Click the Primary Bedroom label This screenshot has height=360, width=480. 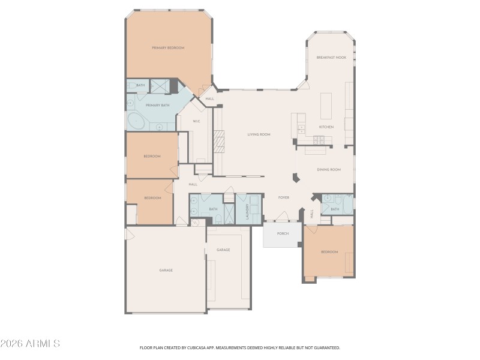click(x=168, y=47)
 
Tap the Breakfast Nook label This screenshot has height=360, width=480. click(x=331, y=58)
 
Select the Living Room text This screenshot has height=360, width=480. click(x=259, y=134)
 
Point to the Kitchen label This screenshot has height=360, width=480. click(x=326, y=127)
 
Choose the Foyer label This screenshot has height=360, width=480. click(x=284, y=197)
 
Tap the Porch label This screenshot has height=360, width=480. click(x=283, y=233)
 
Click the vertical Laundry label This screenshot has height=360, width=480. click(x=248, y=211)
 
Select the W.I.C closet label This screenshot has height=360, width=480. click(x=196, y=122)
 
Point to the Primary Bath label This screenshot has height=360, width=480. click(x=154, y=105)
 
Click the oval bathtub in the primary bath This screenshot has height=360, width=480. click(x=136, y=121)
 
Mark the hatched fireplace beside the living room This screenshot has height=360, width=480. click(x=220, y=143)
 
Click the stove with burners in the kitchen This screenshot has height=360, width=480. click(x=319, y=140)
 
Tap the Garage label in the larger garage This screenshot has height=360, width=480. click(x=166, y=270)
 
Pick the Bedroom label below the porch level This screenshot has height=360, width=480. click(x=329, y=252)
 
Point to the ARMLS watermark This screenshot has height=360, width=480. click(x=30, y=344)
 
